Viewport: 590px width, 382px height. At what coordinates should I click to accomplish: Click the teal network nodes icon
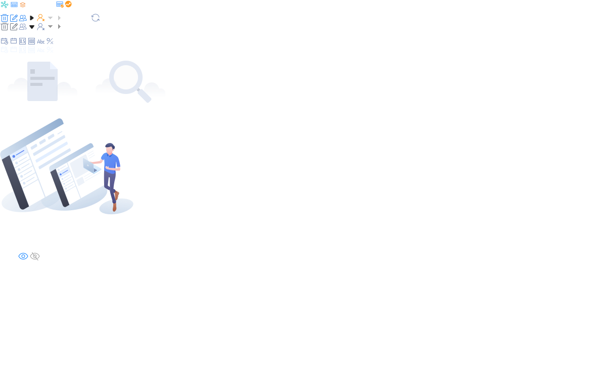pyautogui.click(x=5, y=5)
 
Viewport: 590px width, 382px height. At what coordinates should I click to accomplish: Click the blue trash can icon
pyautogui.click(x=5, y=18)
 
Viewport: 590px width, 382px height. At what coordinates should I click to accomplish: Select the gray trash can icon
pyautogui.click(x=5, y=27)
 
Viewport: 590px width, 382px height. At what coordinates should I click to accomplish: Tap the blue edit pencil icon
pyautogui.click(x=14, y=18)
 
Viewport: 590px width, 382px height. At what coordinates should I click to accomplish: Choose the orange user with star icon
pyautogui.click(x=41, y=18)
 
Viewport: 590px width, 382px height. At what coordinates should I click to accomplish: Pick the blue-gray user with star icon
pyautogui.click(x=41, y=27)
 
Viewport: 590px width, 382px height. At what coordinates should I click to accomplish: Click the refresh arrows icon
pyautogui.click(x=96, y=18)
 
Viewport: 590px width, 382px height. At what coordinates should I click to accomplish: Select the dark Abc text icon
pyautogui.click(x=41, y=41)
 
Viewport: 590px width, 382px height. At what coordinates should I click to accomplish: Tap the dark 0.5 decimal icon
pyautogui.click(x=23, y=41)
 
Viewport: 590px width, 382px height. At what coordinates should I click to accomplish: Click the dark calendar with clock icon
pyautogui.click(x=5, y=41)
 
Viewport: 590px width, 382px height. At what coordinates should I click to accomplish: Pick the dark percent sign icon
pyautogui.click(x=50, y=41)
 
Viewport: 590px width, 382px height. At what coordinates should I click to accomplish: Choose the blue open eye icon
pyautogui.click(x=23, y=256)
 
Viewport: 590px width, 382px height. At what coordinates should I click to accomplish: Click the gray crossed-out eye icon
pyautogui.click(x=35, y=256)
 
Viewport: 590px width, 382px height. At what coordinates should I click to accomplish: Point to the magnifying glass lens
pyautogui.click(x=126, y=77)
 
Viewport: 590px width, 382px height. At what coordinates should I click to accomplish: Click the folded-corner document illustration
pyautogui.click(x=42, y=81)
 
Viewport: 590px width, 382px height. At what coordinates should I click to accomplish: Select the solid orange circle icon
pyautogui.click(x=68, y=4)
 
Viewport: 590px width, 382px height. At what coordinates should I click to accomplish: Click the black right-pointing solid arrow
pyautogui.click(x=32, y=18)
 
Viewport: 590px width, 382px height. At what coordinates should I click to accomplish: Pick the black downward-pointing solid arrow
pyautogui.click(x=32, y=27)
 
